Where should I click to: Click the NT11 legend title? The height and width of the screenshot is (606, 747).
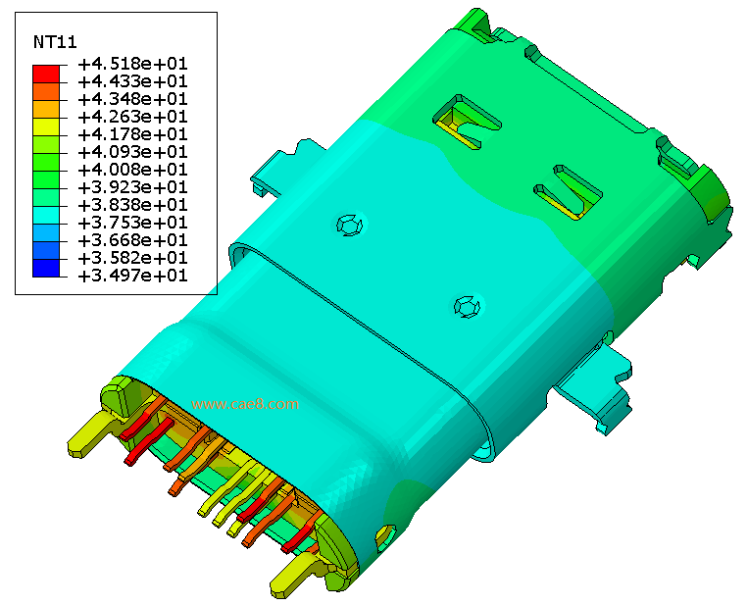click(55, 42)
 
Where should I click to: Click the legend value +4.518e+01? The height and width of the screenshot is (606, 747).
click(133, 64)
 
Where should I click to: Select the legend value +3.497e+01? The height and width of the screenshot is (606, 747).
click(133, 276)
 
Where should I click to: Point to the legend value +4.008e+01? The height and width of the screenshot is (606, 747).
click(133, 170)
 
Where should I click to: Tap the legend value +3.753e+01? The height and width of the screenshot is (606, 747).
click(133, 223)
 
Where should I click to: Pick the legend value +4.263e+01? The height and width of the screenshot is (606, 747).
click(133, 117)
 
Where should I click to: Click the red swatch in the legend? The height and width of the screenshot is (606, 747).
click(46, 74)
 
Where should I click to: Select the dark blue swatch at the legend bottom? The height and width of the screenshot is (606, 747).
click(46, 268)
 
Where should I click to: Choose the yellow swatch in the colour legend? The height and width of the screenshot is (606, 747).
click(46, 126)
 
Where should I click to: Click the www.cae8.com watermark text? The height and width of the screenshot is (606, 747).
click(245, 404)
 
